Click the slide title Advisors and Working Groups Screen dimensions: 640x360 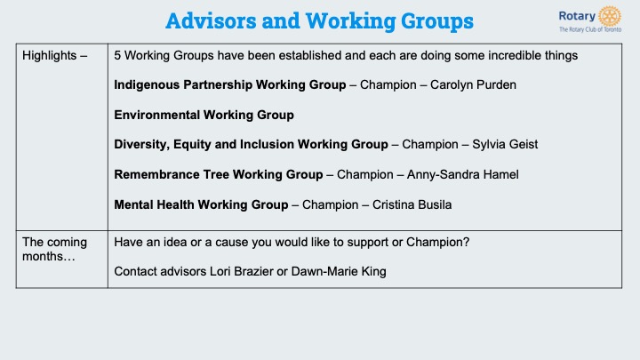319,21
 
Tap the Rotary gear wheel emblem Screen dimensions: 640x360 610,16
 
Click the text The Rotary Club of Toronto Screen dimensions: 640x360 590,29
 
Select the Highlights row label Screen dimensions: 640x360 55,55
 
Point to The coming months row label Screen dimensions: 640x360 55,249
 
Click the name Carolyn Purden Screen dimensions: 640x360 473,85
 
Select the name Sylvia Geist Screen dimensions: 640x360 505,145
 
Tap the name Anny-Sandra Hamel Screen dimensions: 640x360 463,175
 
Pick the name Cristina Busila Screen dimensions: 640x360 412,205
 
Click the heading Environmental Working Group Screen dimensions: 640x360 204,115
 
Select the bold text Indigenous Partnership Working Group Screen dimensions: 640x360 230,85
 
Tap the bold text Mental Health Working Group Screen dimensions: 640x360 201,205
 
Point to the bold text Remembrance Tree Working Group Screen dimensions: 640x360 219,175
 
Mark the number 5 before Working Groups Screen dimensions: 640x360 117,55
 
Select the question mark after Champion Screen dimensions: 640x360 467,242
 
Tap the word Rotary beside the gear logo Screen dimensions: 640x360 577,16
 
